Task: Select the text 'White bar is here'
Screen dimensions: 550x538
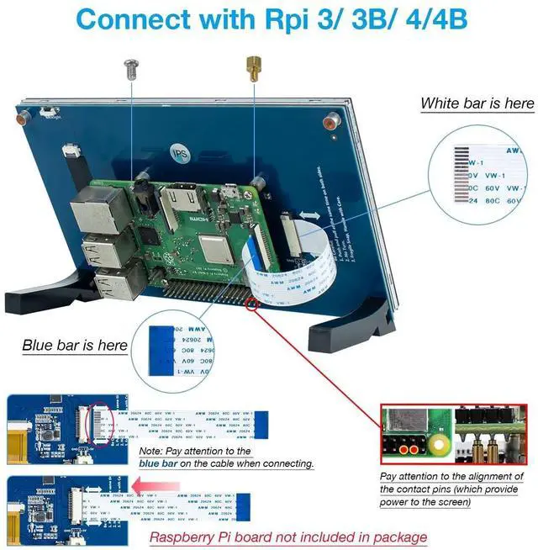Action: pyautogui.click(x=477, y=103)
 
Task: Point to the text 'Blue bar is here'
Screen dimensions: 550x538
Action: pyautogui.click(x=75, y=345)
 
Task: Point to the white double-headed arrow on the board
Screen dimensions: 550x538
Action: pyautogui.click(x=309, y=216)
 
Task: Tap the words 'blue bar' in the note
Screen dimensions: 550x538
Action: pyautogui.click(x=165, y=463)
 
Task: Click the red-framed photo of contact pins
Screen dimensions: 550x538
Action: pyautogui.click(x=455, y=433)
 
